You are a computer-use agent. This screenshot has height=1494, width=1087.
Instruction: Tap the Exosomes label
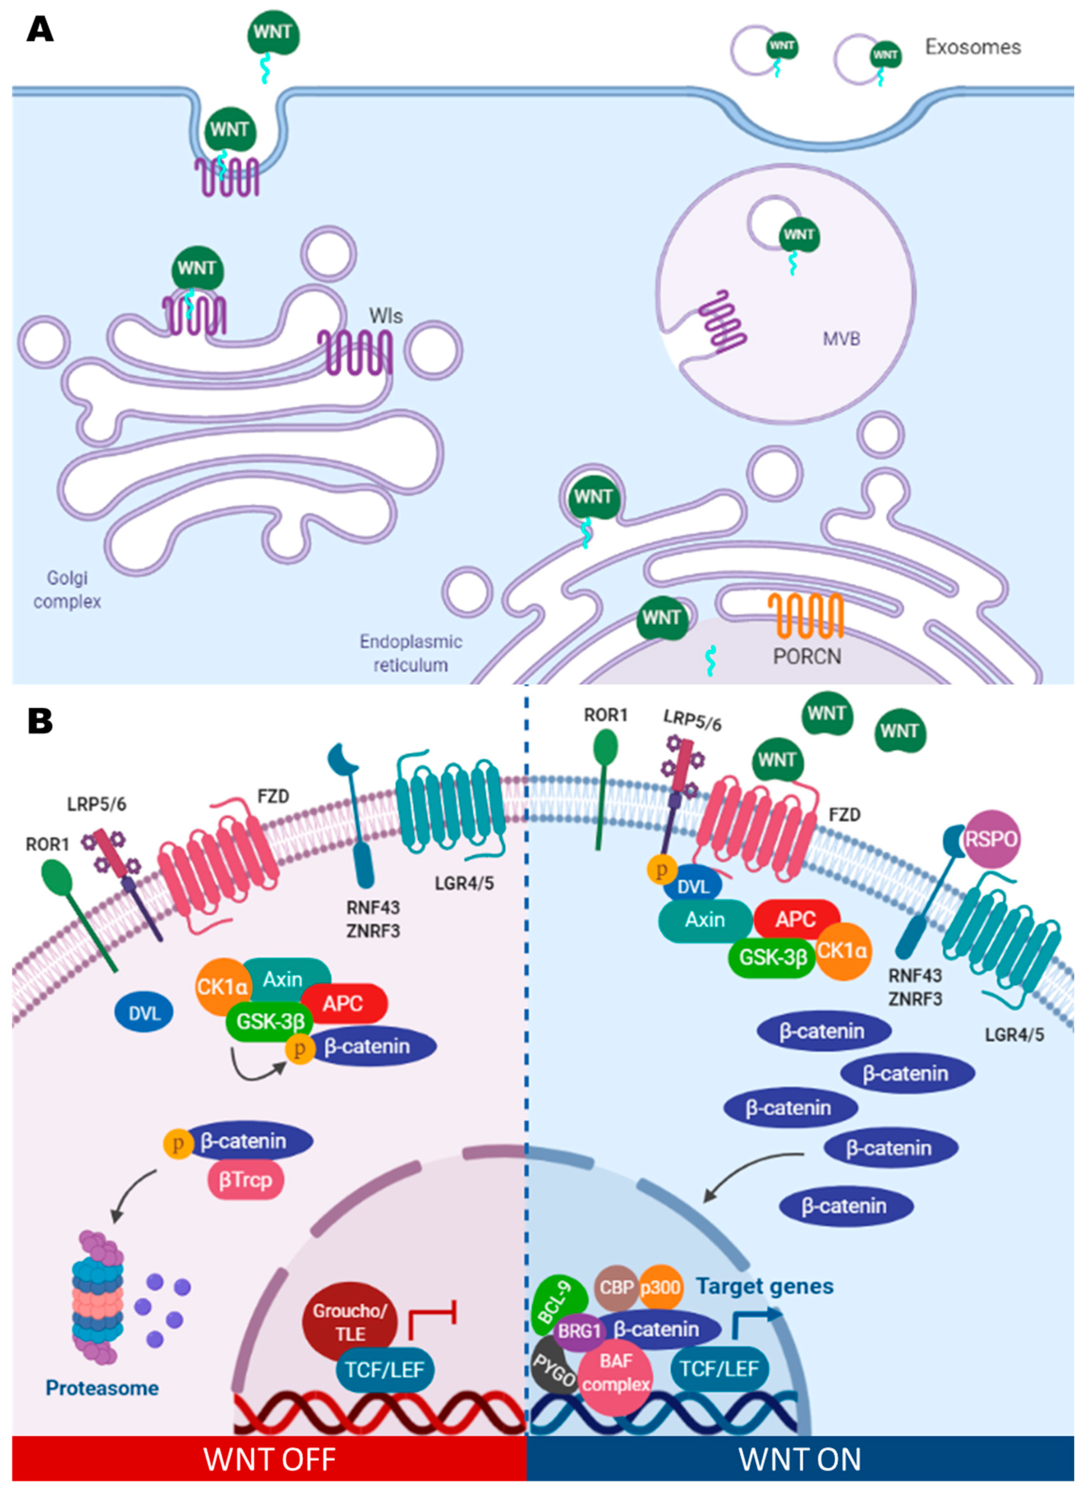(x=973, y=47)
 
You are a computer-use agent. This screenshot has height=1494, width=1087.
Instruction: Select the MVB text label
(x=841, y=339)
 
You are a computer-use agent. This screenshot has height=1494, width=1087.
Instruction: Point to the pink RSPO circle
(x=991, y=839)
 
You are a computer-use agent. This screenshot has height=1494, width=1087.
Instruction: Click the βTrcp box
(x=246, y=1179)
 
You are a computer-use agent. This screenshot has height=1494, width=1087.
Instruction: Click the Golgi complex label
(x=67, y=590)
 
